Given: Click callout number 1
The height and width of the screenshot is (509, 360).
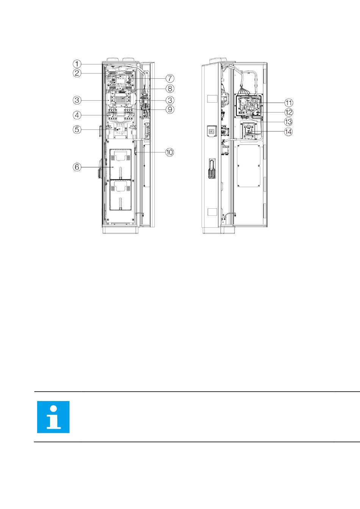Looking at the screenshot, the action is pyautogui.click(x=77, y=64).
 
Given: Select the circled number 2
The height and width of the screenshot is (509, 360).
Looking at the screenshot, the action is pyautogui.click(x=77, y=73).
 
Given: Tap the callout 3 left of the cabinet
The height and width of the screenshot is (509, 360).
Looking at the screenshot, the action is pyautogui.click(x=77, y=100).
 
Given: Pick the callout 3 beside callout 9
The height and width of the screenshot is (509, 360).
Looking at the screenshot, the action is pyautogui.click(x=170, y=100).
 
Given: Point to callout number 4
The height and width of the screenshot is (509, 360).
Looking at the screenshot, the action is pyautogui.click(x=77, y=115).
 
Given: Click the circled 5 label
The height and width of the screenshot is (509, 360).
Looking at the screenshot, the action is pyautogui.click(x=77, y=130).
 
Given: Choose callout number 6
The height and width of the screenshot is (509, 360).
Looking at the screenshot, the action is pyautogui.click(x=77, y=167).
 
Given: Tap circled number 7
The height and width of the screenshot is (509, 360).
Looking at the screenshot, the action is pyautogui.click(x=170, y=78).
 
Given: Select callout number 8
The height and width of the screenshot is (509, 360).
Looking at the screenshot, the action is pyautogui.click(x=170, y=89).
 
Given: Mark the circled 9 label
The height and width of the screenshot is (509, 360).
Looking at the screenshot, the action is pyautogui.click(x=170, y=109).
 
